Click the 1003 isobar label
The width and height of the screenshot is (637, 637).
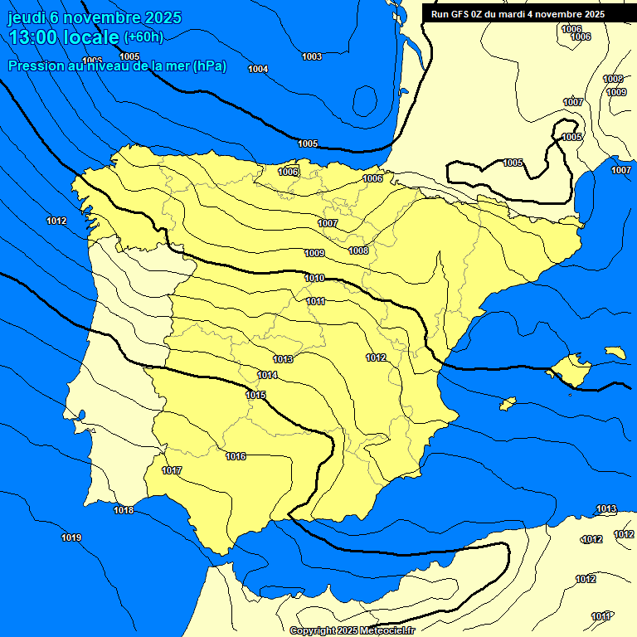point(312,56)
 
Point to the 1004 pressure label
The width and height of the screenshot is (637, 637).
point(258,69)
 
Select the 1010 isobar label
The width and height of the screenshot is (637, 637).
point(314,278)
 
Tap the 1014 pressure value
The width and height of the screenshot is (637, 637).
point(267,376)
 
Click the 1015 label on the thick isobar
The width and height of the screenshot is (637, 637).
point(255,395)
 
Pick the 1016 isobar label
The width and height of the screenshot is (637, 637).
point(236,456)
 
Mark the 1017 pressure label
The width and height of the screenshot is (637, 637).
point(172,470)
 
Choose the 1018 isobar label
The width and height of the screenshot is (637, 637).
point(124,510)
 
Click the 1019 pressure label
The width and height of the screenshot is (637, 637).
point(71,538)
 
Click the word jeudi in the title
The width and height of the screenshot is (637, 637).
point(28,17)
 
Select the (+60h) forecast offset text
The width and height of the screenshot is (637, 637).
point(143,37)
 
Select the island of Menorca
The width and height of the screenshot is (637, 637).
point(615,353)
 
